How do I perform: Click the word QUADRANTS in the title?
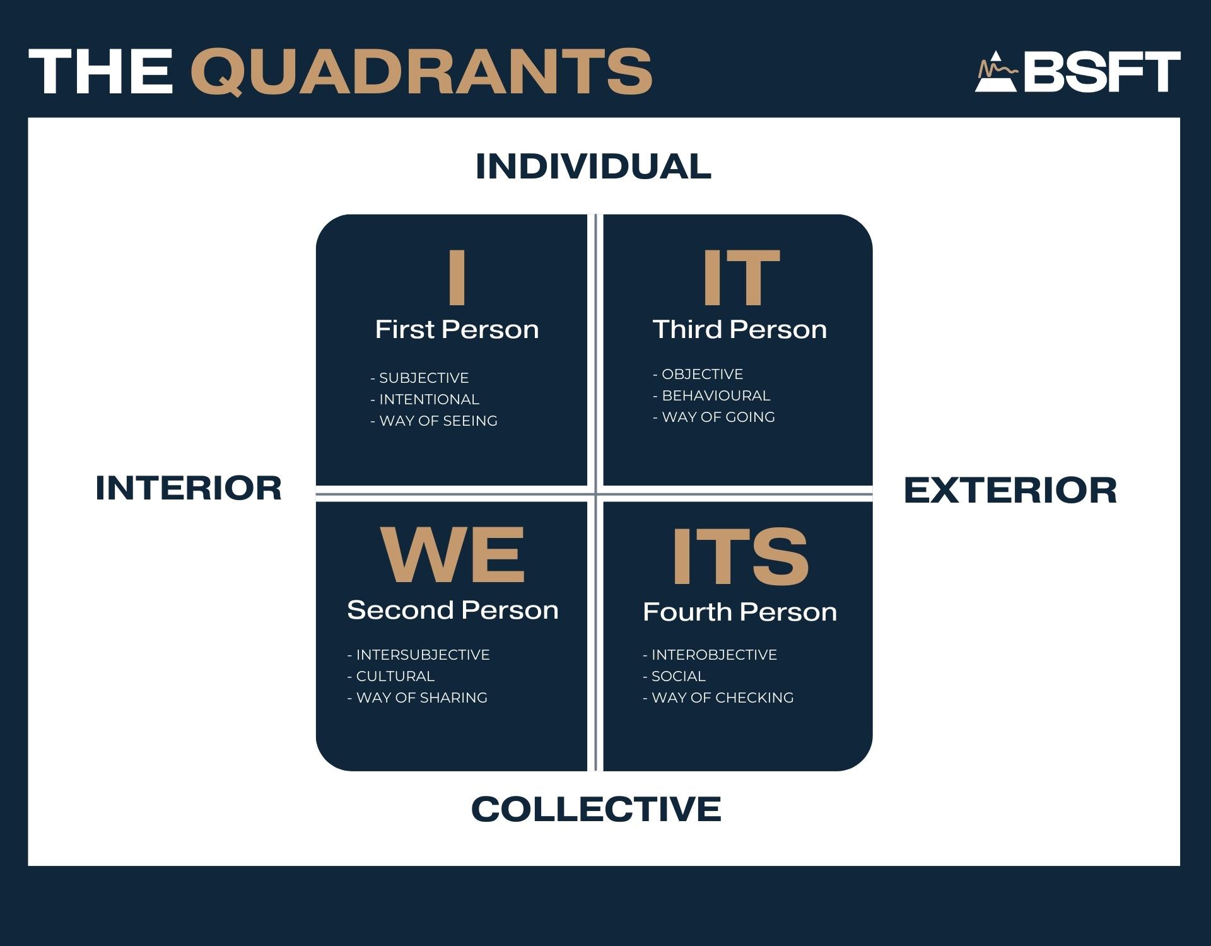[421, 73]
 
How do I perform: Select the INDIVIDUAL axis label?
[594, 166]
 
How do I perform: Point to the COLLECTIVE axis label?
[596, 809]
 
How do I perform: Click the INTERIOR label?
[189, 488]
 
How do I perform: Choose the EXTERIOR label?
[1010, 491]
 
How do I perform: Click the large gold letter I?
[457, 276]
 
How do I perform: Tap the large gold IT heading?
[741, 276]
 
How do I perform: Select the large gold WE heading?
[453, 556]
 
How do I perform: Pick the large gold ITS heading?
[740, 556]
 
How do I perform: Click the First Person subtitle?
[457, 329]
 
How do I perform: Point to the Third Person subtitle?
[740, 329]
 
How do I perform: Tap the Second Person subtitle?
[453, 610]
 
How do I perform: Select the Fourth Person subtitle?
[740, 612]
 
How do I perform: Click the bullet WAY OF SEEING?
[434, 421]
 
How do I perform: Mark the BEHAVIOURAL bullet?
[711, 395]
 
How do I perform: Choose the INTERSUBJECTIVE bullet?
[418, 655]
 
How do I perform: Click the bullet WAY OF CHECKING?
[718, 698]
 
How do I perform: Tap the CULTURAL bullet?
[391, 676]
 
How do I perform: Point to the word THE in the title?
[101, 73]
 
